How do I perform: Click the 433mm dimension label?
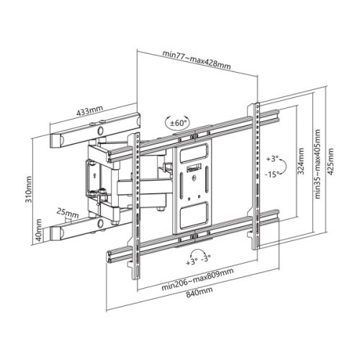[90, 112]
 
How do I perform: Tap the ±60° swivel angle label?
[176, 123]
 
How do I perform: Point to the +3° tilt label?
[271, 157]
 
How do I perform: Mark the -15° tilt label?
[271, 174]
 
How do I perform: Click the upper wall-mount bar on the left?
[93, 132]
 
